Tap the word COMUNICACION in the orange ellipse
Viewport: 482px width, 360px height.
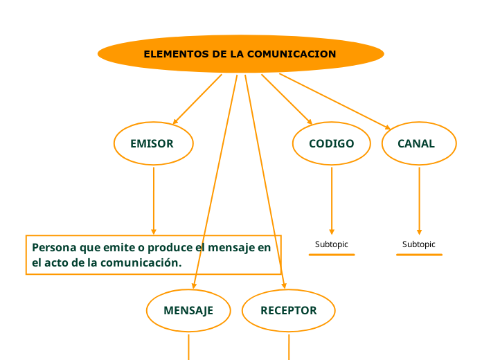[292, 54]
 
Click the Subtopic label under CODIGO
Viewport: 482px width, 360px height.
[331, 244]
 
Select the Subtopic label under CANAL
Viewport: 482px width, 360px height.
[419, 244]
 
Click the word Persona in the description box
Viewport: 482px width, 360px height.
[54, 247]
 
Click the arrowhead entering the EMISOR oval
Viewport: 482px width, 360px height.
[175, 122]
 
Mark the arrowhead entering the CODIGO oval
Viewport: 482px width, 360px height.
[310, 121]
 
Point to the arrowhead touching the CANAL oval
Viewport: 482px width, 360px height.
[388, 127]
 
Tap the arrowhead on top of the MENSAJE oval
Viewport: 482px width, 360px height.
[194, 286]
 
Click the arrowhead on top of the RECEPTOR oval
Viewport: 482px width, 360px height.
[285, 286]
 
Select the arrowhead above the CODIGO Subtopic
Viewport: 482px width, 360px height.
[332, 232]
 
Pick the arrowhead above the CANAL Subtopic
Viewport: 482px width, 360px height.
[419, 232]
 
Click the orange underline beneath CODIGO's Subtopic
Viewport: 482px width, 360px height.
[332, 255]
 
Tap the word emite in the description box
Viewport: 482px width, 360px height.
[118, 247]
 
